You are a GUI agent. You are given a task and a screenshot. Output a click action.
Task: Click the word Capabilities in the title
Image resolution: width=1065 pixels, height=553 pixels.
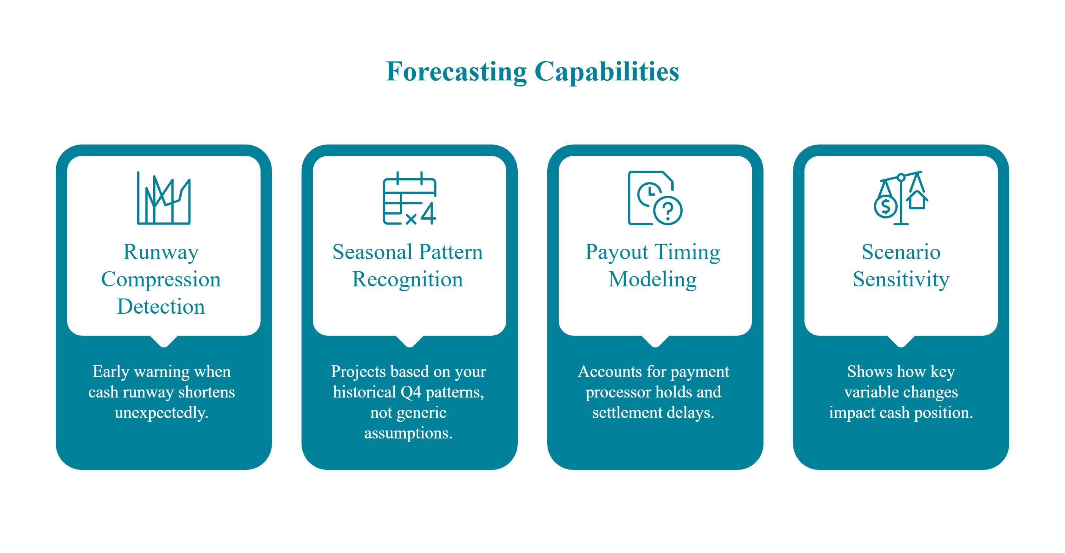pos(606,72)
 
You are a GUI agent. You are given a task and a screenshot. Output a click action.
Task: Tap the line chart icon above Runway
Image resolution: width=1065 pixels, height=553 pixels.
pos(164,198)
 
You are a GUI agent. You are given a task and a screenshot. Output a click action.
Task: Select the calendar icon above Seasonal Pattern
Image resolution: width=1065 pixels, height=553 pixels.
pos(409,198)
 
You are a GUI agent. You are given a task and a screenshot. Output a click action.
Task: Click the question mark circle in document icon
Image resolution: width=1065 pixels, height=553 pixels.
pos(667,211)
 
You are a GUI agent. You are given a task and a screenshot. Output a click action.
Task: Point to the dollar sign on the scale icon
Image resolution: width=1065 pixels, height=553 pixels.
pos(885,206)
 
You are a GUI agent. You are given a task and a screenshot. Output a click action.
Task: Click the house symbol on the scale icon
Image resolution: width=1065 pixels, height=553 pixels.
pos(917,200)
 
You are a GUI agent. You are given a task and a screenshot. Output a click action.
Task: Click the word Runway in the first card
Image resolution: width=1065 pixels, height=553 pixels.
pos(161,252)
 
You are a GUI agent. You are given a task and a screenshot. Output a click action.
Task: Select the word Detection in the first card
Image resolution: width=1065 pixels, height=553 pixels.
pos(161,307)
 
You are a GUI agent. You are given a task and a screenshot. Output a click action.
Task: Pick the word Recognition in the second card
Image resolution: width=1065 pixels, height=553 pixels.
pos(407,280)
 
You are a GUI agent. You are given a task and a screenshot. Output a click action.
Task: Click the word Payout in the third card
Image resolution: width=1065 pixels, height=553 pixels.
pos(616,252)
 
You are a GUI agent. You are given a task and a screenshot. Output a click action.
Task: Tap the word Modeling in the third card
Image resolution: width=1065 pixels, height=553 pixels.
pos(652,280)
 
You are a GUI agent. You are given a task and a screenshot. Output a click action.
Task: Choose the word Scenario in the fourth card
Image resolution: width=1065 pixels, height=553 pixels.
pos(901,252)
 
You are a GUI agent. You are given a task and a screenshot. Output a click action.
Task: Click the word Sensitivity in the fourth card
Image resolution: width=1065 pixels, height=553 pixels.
pos(901,280)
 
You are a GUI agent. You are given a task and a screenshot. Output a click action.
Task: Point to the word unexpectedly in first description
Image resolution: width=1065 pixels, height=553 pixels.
pos(161,413)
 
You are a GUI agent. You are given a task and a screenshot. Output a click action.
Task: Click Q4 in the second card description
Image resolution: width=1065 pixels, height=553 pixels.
pos(410,392)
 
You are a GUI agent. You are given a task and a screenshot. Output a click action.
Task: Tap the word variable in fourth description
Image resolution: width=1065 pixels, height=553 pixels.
pos(866,392)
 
